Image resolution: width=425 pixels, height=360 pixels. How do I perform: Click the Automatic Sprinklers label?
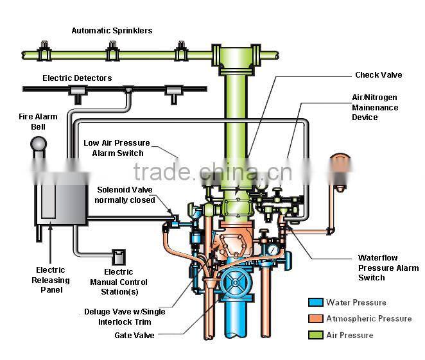coord(112,30)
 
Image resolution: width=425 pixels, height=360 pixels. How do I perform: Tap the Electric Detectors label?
coord(77,78)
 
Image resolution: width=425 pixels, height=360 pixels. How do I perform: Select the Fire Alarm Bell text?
coord(37,121)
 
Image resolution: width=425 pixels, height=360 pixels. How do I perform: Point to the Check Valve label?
coord(379,75)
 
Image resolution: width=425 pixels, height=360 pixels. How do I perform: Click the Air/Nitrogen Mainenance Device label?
coord(375,108)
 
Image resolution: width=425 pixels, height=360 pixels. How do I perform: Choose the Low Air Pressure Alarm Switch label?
coord(117,148)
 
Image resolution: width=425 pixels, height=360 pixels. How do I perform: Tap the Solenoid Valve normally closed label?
coord(125,194)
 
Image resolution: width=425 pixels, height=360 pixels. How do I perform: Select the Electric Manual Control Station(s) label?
coord(119,282)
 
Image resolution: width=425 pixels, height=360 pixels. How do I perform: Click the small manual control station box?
coord(118,257)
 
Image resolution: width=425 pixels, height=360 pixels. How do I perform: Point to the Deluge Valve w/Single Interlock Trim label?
coord(124,316)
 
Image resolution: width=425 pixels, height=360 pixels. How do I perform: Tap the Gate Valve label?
coord(134,335)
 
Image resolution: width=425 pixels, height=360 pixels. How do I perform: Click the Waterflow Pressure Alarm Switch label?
coord(388,268)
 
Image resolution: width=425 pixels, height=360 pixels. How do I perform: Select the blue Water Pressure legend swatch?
coord(315,302)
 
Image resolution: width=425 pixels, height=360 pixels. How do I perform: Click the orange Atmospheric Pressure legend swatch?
coord(315,318)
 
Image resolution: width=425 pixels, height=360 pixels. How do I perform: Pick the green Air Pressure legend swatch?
coord(315,335)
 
